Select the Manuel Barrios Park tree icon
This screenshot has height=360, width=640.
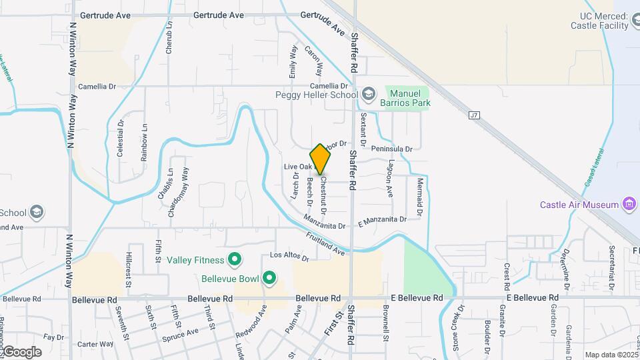pyautogui.click(x=394, y=94)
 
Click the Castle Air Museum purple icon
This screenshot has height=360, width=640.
pyautogui.click(x=628, y=205)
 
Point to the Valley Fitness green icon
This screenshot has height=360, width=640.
pyautogui.click(x=234, y=259)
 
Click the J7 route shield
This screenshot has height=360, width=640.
pyautogui.click(x=474, y=115)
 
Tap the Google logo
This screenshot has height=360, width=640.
pyautogui.click(x=21, y=351)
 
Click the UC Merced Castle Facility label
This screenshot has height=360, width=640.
pyautogui.click(x=605, y=21)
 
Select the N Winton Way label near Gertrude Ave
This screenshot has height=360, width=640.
pyautogui.click(x=71, y=50)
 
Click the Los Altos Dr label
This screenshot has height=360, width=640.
pyautogui.click(x=289, y=255)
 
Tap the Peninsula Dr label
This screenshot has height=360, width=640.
pyautogui.click(x=392, y=149)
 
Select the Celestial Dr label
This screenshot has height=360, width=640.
pyautogui.click(x=121, y=138)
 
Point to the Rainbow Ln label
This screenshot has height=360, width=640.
pyautogui.click(x=144, y=141)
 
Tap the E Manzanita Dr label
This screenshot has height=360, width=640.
pyautogui.click(x=382, y=219)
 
